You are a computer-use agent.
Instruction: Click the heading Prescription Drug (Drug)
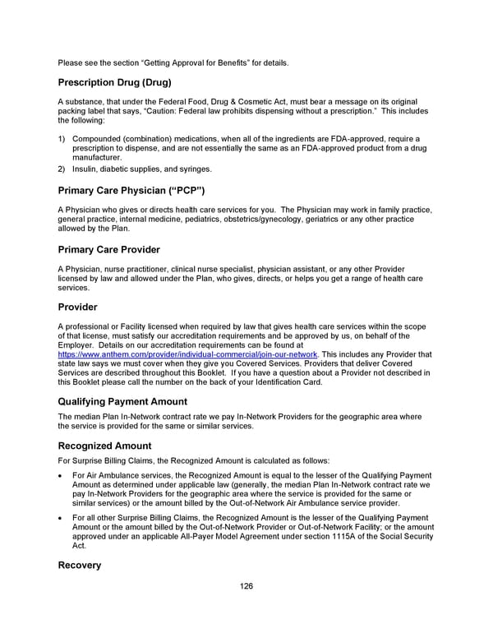(x=114, y=82)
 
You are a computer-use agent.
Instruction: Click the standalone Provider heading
(x=78, y=307)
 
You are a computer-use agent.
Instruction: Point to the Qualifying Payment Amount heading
(x=134, y=401)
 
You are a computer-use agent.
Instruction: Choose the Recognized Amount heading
(x=104, y=446)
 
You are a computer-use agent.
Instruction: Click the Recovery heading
(x=80, y=566)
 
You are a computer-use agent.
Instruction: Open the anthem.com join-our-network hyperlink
(x=187, y=354)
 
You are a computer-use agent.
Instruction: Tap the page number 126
(x=246, y=586)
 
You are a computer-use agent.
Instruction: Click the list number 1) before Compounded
(x=62, y=138)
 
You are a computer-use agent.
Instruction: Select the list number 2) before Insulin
(x=62, y=169)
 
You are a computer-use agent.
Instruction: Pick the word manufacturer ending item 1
(x=97, y=156)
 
